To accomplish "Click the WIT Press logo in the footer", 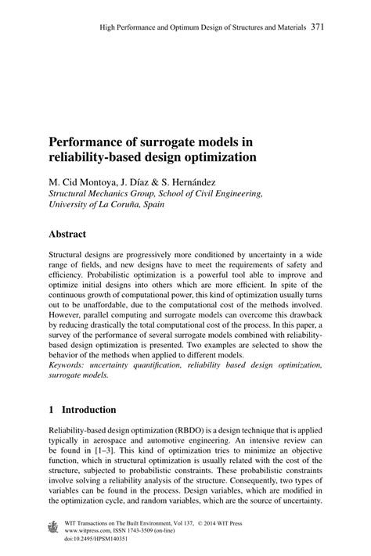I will pyautogui.click(x=53, y=526).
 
